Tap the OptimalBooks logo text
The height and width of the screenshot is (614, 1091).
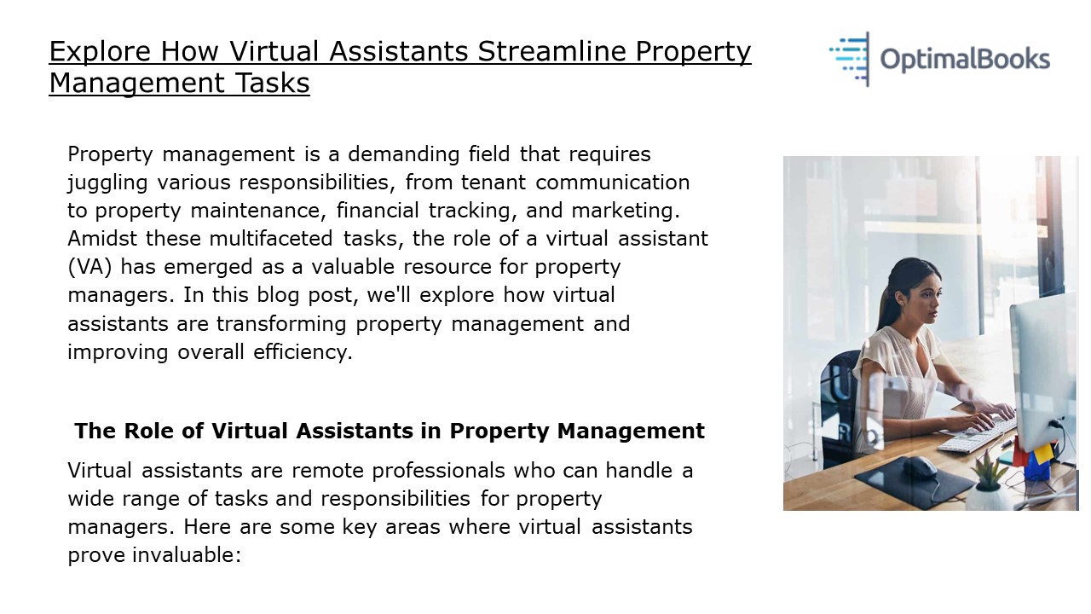click(x=964, y=59)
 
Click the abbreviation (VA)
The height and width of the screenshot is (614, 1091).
click(x=89, y=267)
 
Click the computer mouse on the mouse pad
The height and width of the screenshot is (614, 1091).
click(x=920, y=466)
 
